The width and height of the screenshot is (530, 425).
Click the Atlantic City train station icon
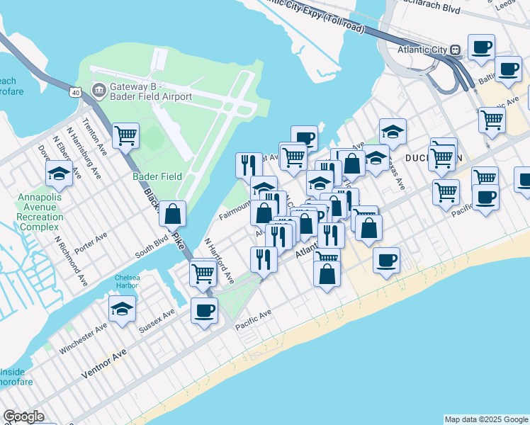coord(455,50)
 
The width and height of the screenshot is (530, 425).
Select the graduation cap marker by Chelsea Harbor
coord(122,308)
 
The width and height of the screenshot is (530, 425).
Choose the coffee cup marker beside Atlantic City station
coord(481,47)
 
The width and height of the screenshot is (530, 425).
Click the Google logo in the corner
coord(23,416)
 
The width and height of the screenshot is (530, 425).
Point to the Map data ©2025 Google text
coord(485,419)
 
